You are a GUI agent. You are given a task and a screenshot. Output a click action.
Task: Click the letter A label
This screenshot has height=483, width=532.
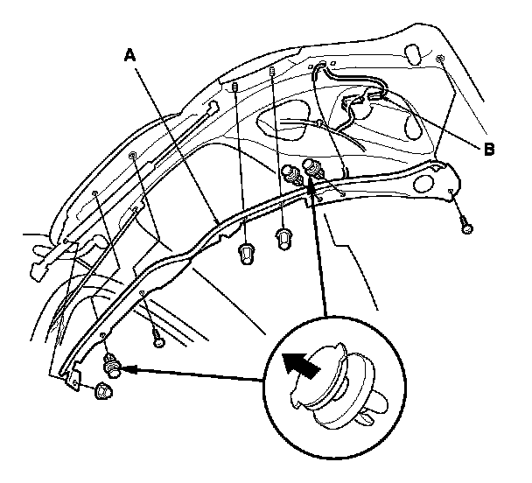(x=130, y=55)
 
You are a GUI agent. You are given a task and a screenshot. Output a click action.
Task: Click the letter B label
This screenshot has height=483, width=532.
(x=488, y=149)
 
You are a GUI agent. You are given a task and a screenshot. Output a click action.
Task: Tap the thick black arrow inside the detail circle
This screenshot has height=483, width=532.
(x=301, y=366)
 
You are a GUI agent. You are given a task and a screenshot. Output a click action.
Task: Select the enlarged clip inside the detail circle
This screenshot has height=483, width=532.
(x=338, y=387)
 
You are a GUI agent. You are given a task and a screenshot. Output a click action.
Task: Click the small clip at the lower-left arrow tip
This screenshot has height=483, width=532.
(x=111, y=365)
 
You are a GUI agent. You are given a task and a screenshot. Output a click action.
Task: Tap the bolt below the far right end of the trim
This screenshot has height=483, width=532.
(x=467, y=227)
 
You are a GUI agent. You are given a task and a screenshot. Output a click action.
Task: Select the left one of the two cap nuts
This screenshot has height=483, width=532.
(x=246, y=255)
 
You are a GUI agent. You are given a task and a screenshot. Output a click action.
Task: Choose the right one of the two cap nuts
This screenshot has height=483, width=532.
(x=283, y=239)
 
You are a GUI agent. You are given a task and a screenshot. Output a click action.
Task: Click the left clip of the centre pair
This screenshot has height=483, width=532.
(x=291, y=175)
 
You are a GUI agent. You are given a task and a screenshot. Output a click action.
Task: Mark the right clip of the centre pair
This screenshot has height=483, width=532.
(x=313, y=170)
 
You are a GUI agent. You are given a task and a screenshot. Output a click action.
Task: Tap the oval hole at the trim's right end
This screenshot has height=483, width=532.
(x=423, y=184)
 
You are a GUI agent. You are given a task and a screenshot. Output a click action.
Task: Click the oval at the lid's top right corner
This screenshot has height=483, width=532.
(x=412, y=54)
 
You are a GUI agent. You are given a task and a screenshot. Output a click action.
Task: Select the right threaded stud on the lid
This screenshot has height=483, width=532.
(x=271, y=71)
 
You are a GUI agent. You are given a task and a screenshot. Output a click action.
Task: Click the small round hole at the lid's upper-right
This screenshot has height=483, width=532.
(x=440, y=59)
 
